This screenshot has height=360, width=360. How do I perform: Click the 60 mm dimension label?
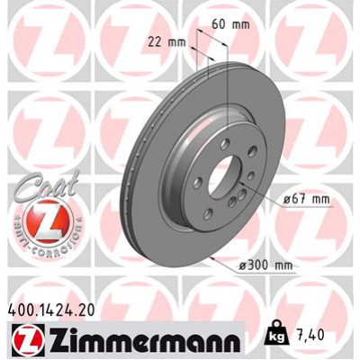[225, 25]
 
